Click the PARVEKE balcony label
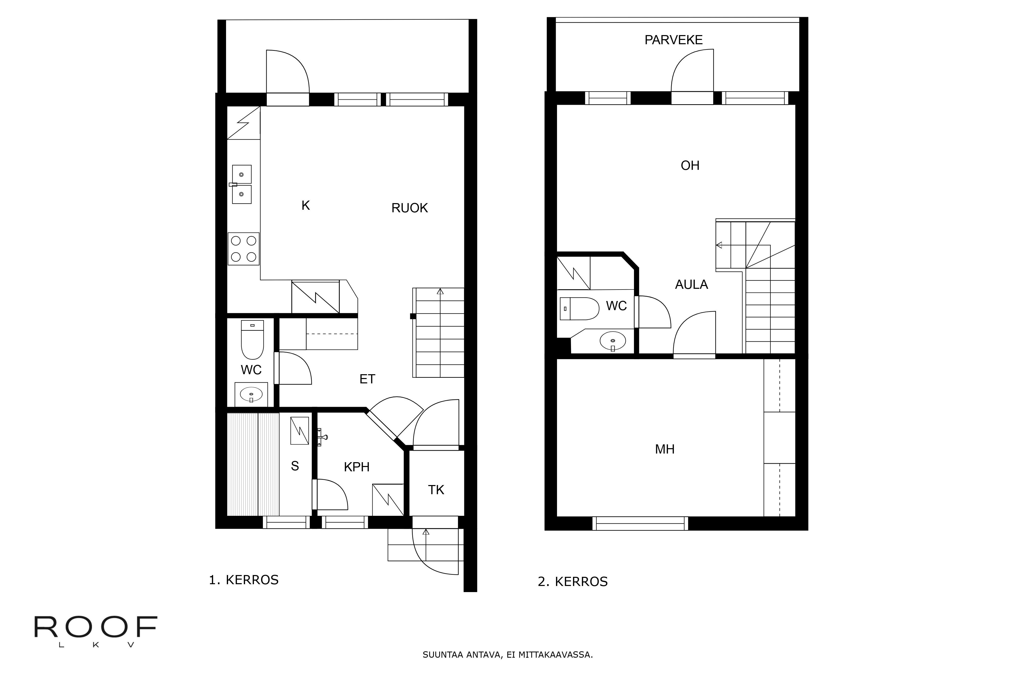pyautogui.click(x=673, y=40)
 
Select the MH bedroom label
pyautogui.click(x=664, y=449)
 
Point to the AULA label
pyautogui.click(x=691, y=284)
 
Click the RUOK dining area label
pyautogui.click(x=409, y=208)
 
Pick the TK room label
pyautogui.click(x=436, y=490)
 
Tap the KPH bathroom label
pyautogui.click(x=356, y=467)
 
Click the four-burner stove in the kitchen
pyautogui.click(x=243, y=249)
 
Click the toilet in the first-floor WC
pyautogui.click(x=252, y=340)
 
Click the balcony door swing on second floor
pyautogui.click(x=691, y=71)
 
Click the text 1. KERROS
pyautogui.click(x=244, y=580)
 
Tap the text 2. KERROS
pyautogui.click(x=572, y=582)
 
